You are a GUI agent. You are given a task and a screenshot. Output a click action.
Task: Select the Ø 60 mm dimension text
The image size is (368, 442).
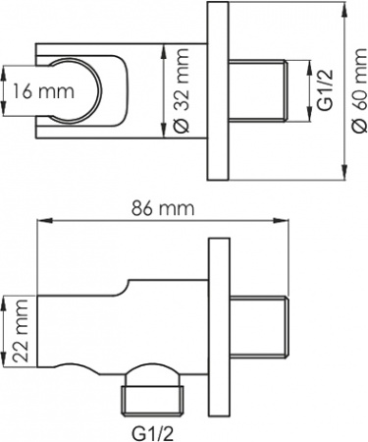(358, 92)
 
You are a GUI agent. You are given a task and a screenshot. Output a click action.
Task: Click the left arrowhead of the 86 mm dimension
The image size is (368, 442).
(41, 223)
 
